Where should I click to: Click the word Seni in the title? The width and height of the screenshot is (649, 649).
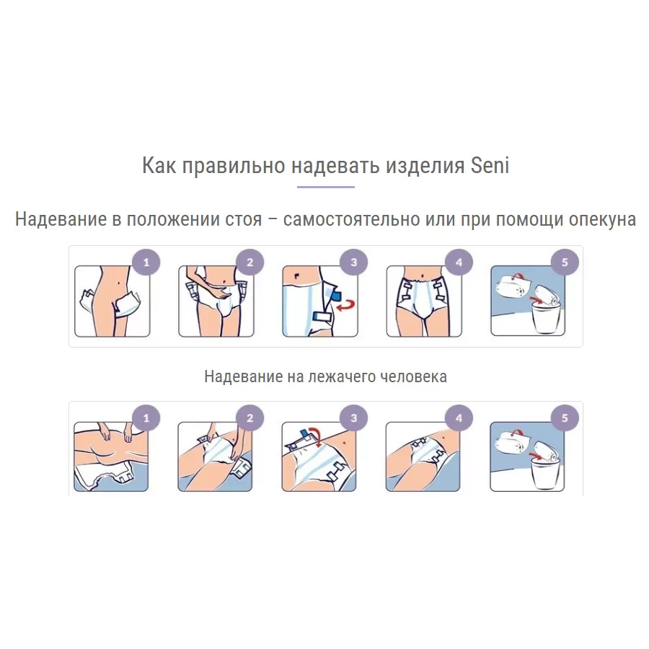pyautogui.click(x=490, y=165)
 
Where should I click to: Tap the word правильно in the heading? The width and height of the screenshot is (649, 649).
pyautogui.click(x=234, y=166)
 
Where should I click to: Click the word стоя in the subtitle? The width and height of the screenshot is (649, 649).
pyautogui.click(x=244, y=219)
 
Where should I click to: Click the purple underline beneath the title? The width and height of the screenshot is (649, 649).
pyautogui.click(x=325, y=187)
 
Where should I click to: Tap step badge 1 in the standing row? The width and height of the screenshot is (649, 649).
pyautogui.click(x=146, y=262)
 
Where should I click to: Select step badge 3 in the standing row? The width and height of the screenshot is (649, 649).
pyautogui.click(x=353, y=262)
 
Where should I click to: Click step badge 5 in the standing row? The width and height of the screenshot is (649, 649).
pyautogui.click(x=565, y=262)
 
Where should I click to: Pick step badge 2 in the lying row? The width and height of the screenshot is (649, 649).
pyautogui.click(x=250, y=418)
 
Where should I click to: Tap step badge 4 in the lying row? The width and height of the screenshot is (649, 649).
pyautogui.click(x=459, y=418)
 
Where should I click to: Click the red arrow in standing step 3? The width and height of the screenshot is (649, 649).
pyautogui.click(x=346, y=306)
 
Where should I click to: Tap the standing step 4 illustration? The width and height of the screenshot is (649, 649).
pyautogui.click(x=424, y=301)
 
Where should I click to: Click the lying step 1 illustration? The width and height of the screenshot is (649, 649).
pyautogui.click(x=111, y=456)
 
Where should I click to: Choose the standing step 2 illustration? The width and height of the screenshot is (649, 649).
pyautogui.click(x=216, y=301)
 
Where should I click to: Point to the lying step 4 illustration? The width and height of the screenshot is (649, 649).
pyautogui.click(x=423, y=456)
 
